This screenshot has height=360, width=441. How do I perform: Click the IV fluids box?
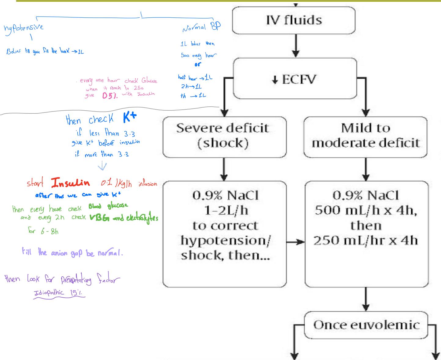pos(294,20)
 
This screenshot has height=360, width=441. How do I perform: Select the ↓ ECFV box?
pos(295,79)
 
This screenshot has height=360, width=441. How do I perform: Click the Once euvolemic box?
pos(366,325)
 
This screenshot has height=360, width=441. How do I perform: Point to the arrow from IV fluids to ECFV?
pos(296,45)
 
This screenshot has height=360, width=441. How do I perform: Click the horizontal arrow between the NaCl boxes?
pos(296,242)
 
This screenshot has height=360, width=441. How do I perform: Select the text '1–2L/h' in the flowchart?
pos(225,210)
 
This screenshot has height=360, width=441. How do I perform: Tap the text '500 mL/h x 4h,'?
pos(366,210)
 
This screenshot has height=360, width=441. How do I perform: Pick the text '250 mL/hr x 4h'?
pos(366,241)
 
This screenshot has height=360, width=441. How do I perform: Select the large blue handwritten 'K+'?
pos(130,118)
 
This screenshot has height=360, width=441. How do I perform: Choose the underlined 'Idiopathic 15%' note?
pos(59,293)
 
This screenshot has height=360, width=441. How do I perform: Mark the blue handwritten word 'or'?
pos(198,65)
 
